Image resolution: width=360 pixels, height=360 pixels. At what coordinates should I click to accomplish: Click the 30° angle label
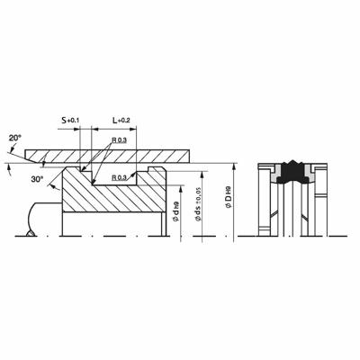click(37, 179)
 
